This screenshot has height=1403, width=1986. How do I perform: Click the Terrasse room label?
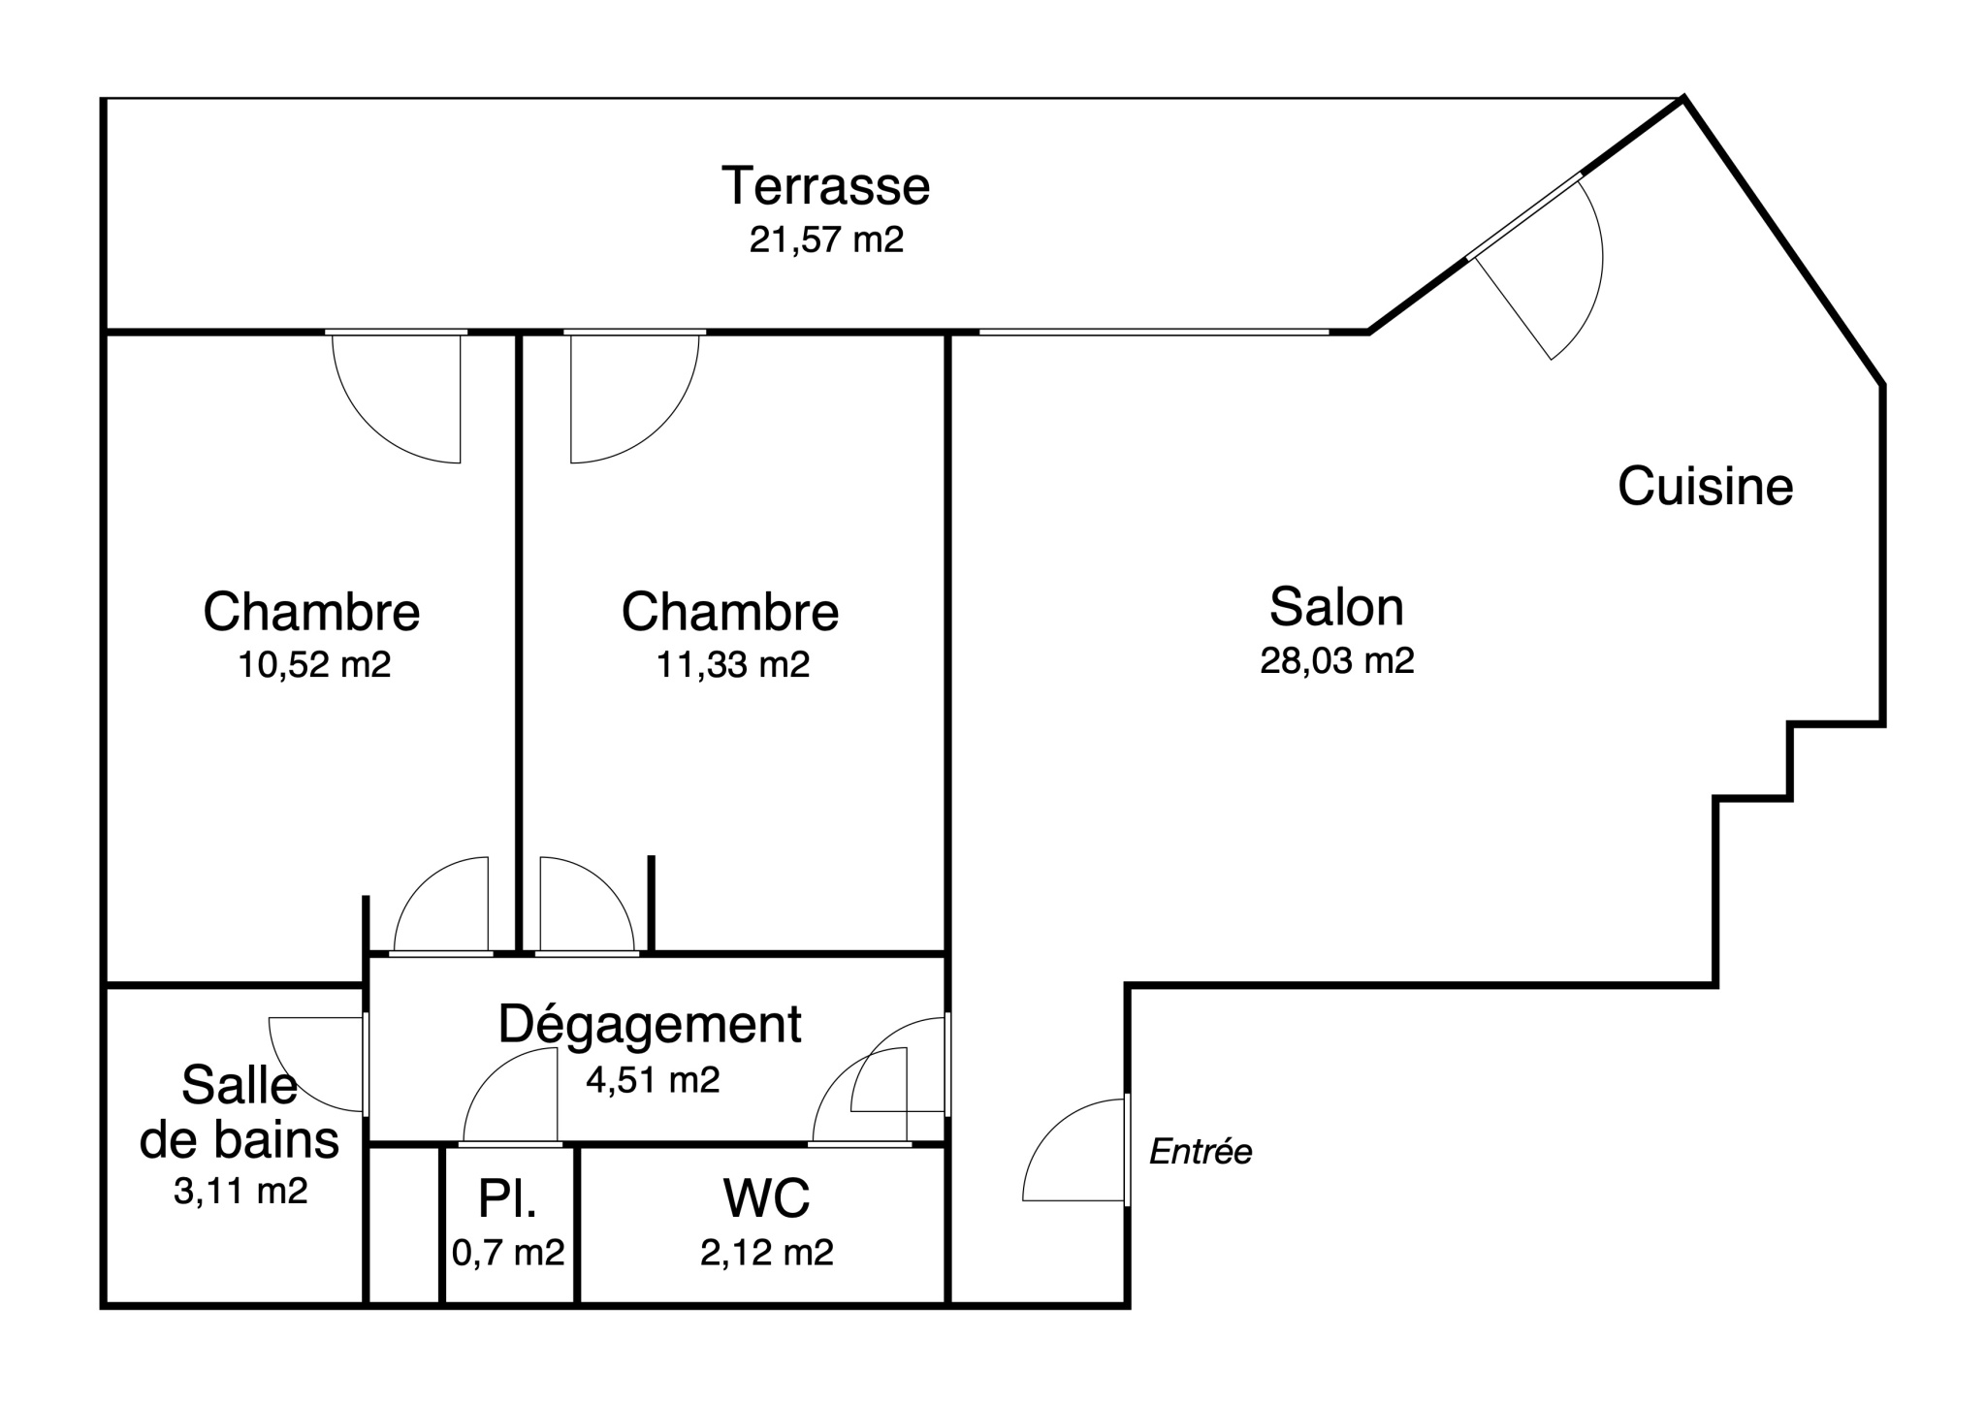pos(825,186)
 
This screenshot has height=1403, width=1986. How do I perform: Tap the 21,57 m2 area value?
pos(826,239)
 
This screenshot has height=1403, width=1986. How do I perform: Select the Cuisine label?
pos(1705,487)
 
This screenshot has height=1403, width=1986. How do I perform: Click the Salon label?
pos(1336,607)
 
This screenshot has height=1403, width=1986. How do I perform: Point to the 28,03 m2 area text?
pos(1337,660)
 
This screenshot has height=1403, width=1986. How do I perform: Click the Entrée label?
pos(1201,1152)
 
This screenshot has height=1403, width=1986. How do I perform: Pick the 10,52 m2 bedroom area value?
pos(314,664)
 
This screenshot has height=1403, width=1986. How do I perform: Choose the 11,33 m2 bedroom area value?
pos(733,664)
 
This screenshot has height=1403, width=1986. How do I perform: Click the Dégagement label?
pos(650,1025)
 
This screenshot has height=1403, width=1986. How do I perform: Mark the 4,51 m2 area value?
pos(653,1079)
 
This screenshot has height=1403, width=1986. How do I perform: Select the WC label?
pos(766,1198)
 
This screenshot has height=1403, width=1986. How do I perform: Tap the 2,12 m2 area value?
pos(767,1253)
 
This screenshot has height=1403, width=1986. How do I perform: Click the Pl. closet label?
pos(507,1198)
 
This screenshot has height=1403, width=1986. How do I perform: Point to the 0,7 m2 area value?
pos(508,1253)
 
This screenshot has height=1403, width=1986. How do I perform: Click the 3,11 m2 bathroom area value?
pos(240,1191)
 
